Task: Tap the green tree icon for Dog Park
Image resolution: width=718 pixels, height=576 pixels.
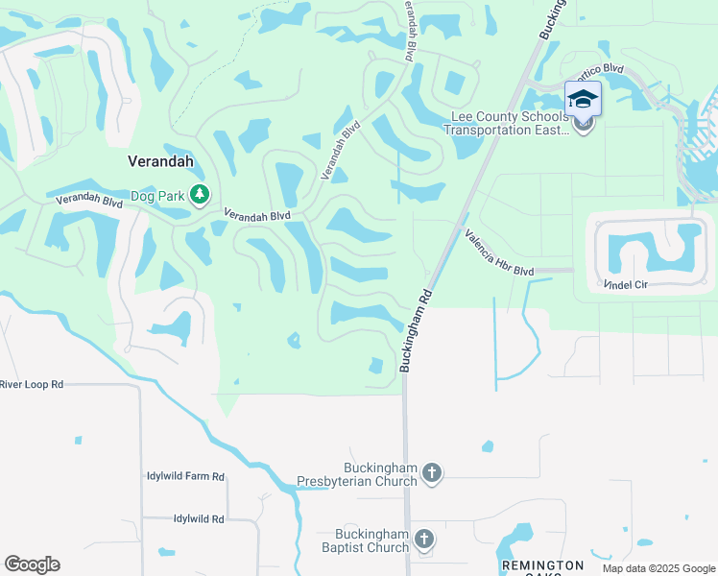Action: coord(199,195)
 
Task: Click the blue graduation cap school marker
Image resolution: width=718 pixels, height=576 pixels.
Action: coord(583,100)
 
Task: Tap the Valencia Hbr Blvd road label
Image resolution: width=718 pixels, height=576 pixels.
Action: coord(498,252)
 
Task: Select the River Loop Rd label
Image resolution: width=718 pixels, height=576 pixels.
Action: coord(32,384)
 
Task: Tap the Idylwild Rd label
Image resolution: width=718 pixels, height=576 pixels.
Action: coord(199,518)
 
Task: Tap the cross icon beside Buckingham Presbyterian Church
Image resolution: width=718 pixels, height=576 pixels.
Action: coord(432,472)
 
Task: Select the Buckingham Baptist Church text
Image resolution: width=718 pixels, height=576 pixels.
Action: coord(371,541)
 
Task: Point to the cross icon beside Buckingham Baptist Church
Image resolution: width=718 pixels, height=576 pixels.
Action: coord(423,540)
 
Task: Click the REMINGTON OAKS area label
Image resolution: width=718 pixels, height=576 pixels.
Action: coord(542,567)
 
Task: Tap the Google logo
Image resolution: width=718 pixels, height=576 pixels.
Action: coord(32,564)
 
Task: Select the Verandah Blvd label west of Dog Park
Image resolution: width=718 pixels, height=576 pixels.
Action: coord(89,201)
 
